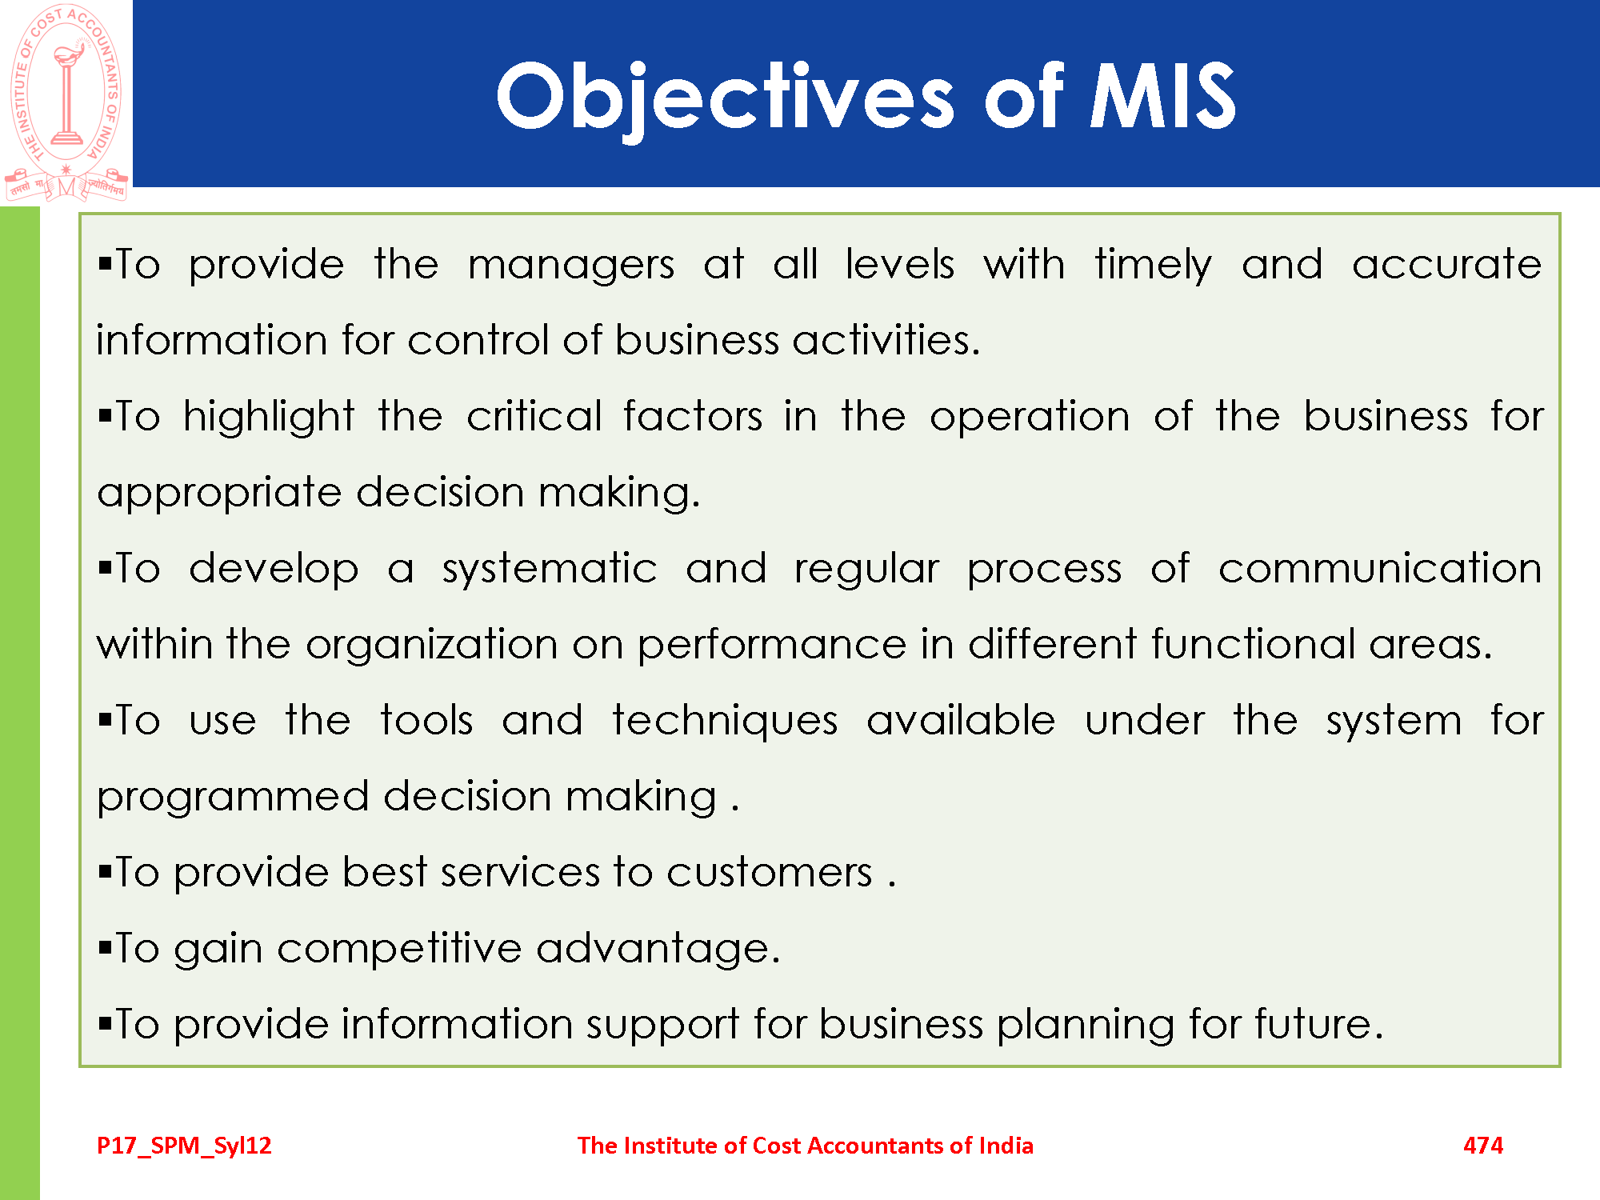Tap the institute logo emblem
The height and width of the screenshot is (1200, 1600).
(66, 102)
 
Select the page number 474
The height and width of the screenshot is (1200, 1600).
(1483, 1146)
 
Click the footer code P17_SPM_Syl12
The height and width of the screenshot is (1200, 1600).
(184, 1146)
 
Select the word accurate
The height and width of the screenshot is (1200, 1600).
(1447, 265)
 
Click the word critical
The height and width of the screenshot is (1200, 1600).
(534, 416)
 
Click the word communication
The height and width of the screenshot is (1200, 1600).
(1380, 569)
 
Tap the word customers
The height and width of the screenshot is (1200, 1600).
(770, 873)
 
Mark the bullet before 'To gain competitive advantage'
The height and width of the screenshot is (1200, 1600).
(105, 949)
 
